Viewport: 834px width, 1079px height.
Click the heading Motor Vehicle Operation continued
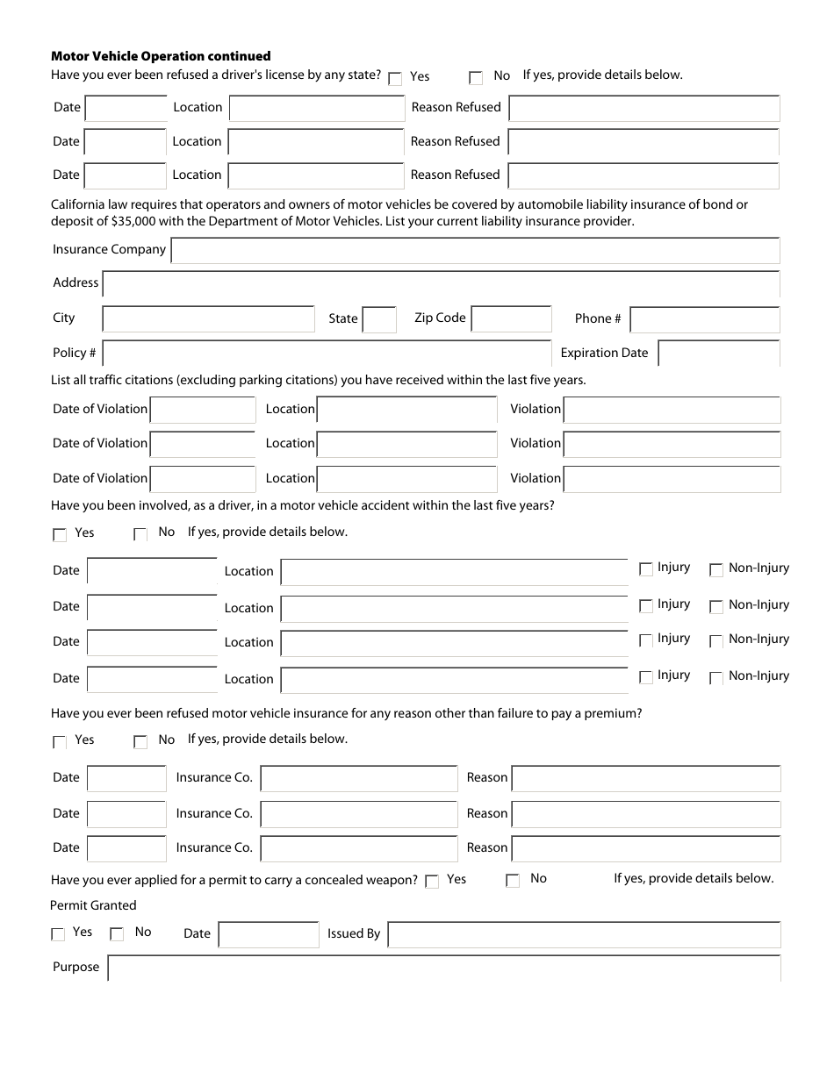tap(161, 56)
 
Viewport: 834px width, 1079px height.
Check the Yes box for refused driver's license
tap(395, 78)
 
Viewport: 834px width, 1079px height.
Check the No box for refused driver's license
tap(476, 78)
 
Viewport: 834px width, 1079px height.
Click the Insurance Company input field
tap(475, 251)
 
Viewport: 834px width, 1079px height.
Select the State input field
tap(379, 319)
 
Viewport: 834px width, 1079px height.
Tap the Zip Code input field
tap(511, 318)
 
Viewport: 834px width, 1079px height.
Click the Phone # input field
tap(705, 319)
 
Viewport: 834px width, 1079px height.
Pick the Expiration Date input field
tap(718, 354)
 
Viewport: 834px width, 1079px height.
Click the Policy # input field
tap(327, 353)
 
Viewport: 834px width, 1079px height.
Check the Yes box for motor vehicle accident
tap(60, 534)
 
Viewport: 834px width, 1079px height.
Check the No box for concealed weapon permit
tap(513, 881)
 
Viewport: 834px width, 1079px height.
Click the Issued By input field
tap(584, 934)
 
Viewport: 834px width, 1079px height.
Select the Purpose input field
tap(443, 968)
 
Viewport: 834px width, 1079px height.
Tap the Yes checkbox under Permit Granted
tap(58, 934)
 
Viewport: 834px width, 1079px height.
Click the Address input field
tap(441, 284)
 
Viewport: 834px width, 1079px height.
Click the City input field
tap(208, 318)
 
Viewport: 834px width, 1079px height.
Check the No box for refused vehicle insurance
tap(140, 742)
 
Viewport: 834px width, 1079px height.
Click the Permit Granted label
tap(93, 905)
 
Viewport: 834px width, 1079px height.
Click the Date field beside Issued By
tap(269, 934)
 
